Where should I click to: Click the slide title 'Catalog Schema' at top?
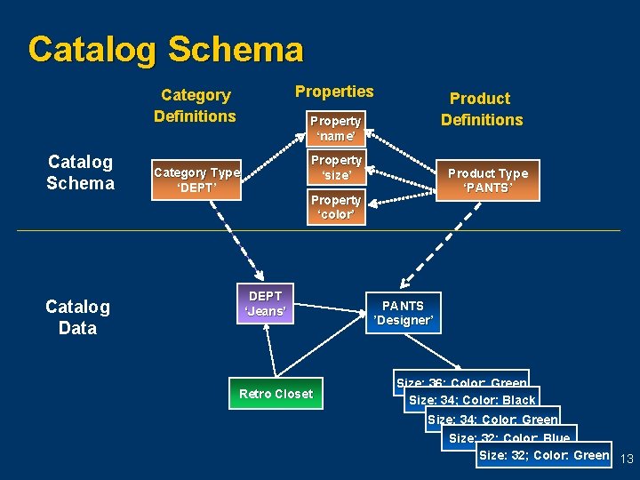pos(165,49)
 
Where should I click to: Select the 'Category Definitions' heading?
pos(195,106)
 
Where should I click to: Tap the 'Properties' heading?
pos(334,92)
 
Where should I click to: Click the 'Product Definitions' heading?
pos(481,109)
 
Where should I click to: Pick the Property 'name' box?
pos(335,128)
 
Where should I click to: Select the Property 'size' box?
pos(335,168)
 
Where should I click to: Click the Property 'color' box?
pos(335,207)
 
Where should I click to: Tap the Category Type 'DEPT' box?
pos(196,180)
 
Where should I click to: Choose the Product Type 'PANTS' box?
pos(487,180)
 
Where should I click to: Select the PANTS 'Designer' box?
pos(403,313)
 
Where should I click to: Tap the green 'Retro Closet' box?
pos(276,394)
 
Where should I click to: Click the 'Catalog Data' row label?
pos(77,317)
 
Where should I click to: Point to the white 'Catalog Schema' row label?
pos(80,172)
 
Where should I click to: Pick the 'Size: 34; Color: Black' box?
pos(471,400)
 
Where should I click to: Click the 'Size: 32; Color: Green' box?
pos(544,455)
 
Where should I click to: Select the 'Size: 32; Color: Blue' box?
pos(509,437)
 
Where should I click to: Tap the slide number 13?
pos(625,459)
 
